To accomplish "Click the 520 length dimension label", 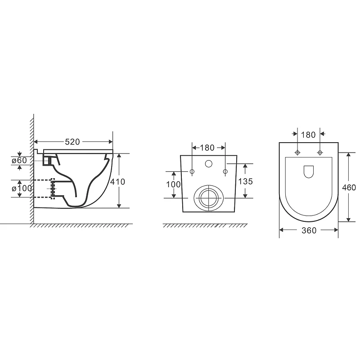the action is [x=72, y=142].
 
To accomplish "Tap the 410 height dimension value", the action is [x=117, y=182].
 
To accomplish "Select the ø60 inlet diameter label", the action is [x=19, y=160].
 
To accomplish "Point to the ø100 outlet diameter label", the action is [x=22, y=188].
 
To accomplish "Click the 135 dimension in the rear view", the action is [x=245, y=181].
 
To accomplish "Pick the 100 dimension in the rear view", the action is [x=173, y=184].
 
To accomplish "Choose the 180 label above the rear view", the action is [x=207, y=148].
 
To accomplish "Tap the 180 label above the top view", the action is [x=308, y=135].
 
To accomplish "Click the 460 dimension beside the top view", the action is [x=349, y=188].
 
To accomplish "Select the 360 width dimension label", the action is [x=309, y=230].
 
